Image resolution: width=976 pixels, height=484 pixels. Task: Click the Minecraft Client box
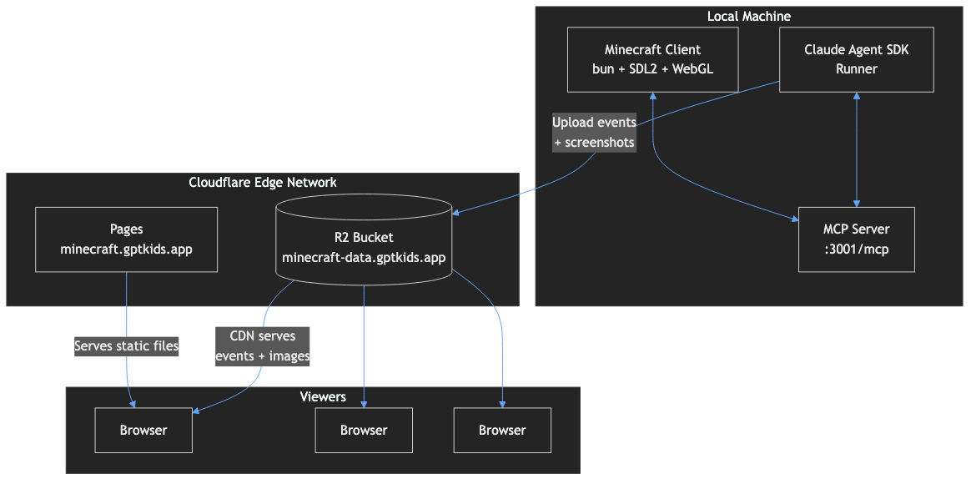coord(652,59)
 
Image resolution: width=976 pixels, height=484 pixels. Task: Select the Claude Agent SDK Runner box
coord(856,59)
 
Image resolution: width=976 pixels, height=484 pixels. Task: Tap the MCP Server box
coord(856,239)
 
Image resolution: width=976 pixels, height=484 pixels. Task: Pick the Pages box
coord(126,239)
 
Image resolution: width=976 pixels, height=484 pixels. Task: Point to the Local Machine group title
coord(748,17)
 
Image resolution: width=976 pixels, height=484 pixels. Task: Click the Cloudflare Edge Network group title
coord(263,182)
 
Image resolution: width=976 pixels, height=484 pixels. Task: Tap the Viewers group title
coord(322,396)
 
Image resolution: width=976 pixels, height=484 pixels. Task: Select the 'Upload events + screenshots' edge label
coord(594,133)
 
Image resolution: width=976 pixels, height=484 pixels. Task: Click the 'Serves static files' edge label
coord(126,345)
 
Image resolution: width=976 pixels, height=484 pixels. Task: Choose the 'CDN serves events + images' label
coord(263,345)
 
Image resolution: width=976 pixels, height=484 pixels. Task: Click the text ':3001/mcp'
coord(856,248)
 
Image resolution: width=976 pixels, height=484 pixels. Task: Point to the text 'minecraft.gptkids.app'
coord(126,249)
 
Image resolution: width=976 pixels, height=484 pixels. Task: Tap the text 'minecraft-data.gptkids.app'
coord(364,257)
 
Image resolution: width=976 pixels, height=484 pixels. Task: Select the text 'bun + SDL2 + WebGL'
coord(652,69)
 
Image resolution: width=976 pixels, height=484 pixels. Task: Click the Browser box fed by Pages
coord(143,431)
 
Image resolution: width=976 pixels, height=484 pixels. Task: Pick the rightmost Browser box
coord(502,431)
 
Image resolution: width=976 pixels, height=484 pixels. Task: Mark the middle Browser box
coord(364,431)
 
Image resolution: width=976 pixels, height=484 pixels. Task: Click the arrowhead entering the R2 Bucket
coord(455,213)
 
